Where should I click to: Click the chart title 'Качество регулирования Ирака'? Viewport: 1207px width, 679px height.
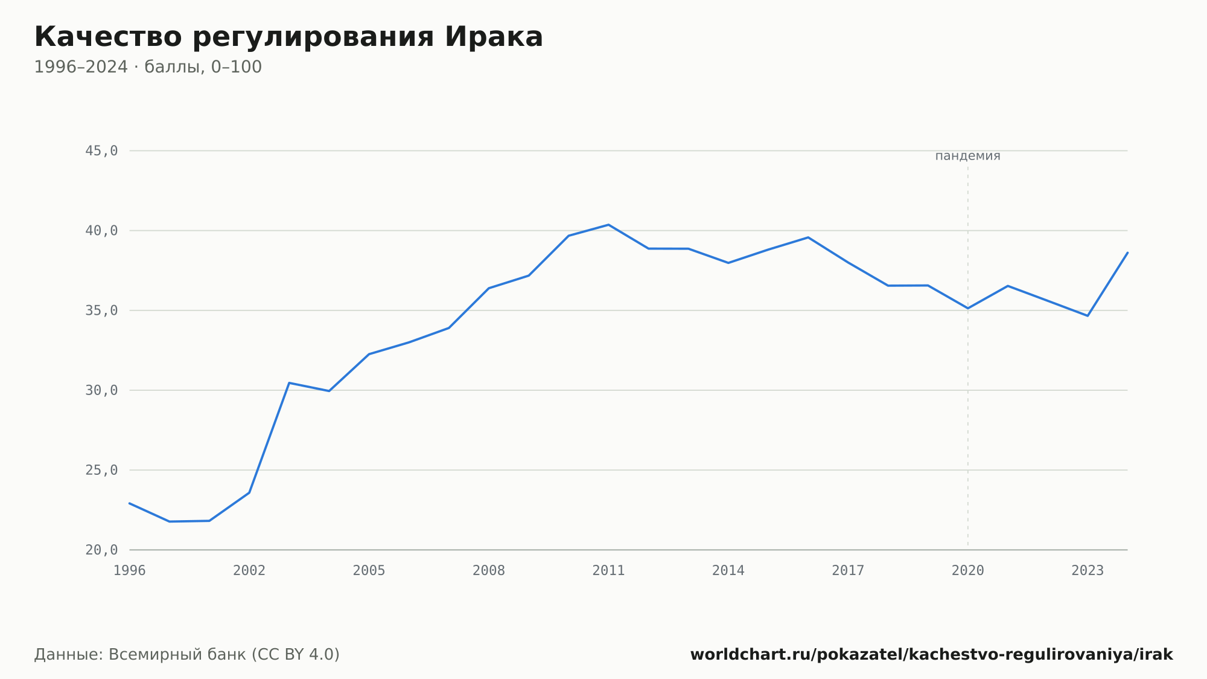point(288,37)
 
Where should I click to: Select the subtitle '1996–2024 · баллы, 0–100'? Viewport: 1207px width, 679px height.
point(148,67)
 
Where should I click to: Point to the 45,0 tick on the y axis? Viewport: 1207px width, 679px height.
point(101,151)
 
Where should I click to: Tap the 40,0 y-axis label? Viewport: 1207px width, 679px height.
point(101,231)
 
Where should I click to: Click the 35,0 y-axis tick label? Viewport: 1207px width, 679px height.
point(101,311)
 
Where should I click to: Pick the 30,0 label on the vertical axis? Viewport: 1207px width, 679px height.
point(101,390)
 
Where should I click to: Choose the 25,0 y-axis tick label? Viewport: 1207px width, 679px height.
point(101,470)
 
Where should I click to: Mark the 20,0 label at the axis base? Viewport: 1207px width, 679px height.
point(101,550)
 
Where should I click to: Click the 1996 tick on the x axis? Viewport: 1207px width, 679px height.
point(130,570)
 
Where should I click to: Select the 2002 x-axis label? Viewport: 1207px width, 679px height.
point(249,570)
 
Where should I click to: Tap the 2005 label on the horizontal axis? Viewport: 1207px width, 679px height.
point(369,570)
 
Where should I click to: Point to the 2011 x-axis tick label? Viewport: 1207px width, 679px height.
point(608,570)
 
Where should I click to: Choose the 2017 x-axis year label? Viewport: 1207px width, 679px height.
point(848,570)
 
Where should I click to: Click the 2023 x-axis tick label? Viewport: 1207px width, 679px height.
point(1088,570)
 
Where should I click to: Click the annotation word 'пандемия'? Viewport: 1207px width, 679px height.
point(967,156)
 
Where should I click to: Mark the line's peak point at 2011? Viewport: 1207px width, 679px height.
point(608,225)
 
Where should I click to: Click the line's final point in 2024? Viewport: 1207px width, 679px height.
point(1127,253)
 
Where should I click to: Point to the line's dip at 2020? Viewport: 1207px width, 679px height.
point(968,308)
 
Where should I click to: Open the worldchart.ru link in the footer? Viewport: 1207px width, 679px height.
point(931,654)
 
